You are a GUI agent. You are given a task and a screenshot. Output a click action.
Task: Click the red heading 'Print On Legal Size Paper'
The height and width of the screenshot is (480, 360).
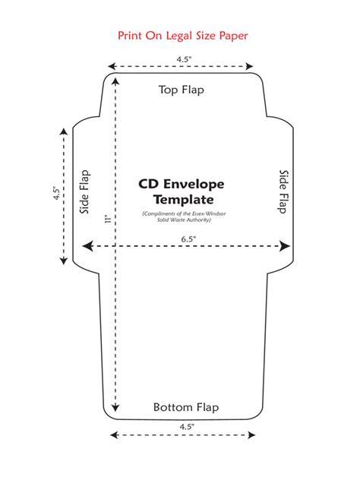(x=183, y=36)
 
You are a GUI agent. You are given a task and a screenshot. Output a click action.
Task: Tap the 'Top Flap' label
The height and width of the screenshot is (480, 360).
(x=182, y=90)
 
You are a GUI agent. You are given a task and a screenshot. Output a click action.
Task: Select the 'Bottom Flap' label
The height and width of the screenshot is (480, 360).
(x=186, y=407)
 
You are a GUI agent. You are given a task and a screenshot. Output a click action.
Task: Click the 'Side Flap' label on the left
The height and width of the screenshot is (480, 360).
(x=85, y=192)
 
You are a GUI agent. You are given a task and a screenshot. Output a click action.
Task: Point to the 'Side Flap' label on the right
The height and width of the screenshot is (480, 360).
(x=284, y=192)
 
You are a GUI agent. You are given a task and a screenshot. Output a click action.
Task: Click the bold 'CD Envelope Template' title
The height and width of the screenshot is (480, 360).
(x=182, y=192)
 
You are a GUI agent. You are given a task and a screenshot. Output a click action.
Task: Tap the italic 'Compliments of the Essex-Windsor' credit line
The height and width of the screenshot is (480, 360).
(x=184, y=213)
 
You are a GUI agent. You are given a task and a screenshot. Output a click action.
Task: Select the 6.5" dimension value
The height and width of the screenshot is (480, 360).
(x=188, y=239)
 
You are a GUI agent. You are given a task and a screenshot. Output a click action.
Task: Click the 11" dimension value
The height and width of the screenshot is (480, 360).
(x=108, y=219)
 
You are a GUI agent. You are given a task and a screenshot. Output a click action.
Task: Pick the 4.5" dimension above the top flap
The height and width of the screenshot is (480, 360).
(x=184, y=59)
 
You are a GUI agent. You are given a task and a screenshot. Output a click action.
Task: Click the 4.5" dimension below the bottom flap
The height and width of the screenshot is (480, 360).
(x=187, y=427)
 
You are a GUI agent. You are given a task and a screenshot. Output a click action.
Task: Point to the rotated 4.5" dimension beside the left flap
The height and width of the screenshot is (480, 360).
(x=57, y=193)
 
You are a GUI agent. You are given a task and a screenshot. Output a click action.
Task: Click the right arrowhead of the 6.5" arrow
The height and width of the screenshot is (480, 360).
(x=285, y=246)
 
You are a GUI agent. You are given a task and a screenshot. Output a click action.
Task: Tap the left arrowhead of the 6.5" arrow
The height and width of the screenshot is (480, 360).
(x=88, y=246)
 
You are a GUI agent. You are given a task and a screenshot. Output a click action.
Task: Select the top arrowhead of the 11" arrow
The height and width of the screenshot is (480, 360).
(x=115, y=81)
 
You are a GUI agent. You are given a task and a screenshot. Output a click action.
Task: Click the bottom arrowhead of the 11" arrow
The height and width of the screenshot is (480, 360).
(x=115, y=407)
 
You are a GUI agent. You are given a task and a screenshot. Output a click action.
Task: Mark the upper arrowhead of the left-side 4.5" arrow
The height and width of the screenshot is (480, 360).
(x=64, y=131)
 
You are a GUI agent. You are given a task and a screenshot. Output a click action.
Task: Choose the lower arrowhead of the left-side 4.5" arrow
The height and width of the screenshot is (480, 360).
(x=64, y=261)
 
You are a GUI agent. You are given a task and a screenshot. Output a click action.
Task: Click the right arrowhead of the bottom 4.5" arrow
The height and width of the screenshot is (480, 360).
(x=251, y=435)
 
